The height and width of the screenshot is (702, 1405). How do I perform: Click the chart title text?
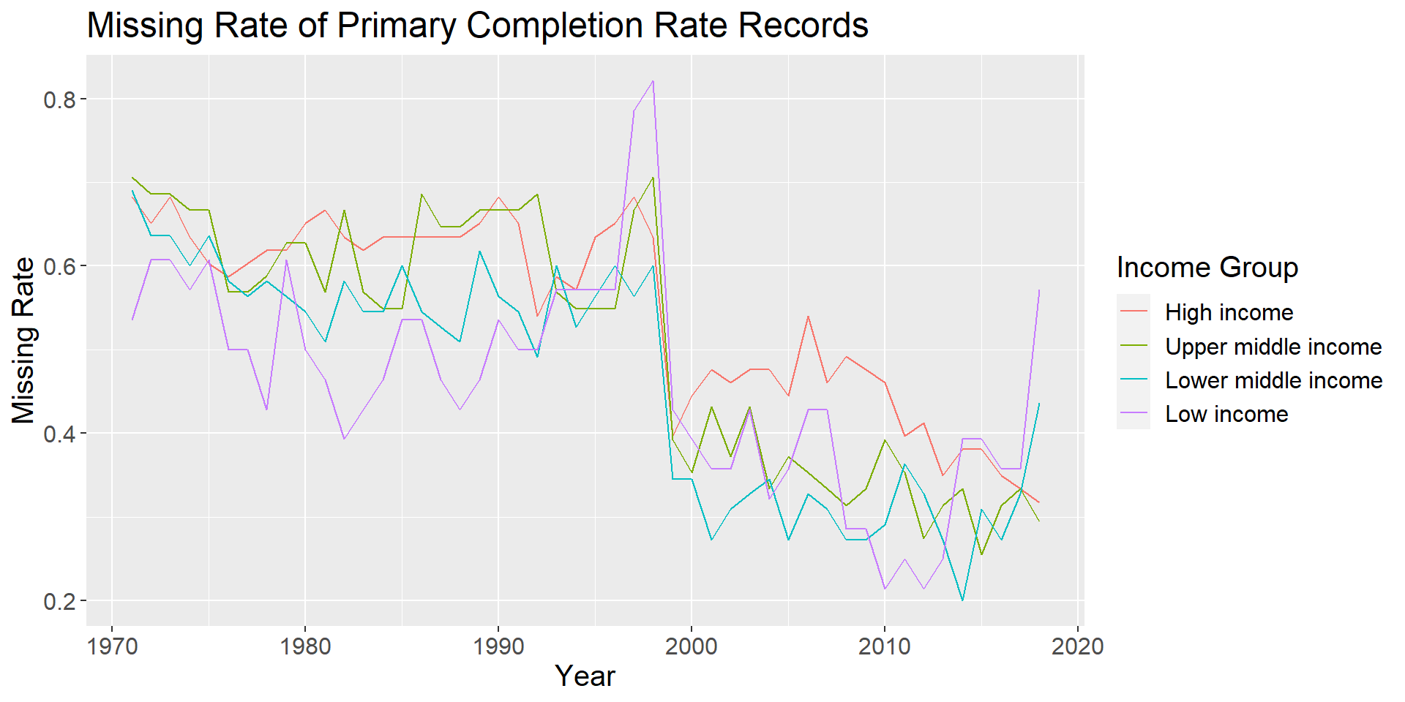[x=477, y=26]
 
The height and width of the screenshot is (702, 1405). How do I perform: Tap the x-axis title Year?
[x=585, y=676]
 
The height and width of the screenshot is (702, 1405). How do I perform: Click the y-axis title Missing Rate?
[x=24, y=341]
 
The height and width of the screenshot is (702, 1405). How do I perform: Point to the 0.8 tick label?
[x=60, y=99]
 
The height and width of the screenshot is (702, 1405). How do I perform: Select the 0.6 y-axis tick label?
[x=60, y=266]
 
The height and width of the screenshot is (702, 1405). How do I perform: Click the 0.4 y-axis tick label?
[x=60, y=434]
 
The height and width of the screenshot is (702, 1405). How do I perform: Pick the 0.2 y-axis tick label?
[x=60, y=601]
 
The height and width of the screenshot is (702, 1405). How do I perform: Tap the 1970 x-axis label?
[x=112, y=646]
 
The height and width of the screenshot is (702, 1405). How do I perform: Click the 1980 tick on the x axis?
[x=305, y=646]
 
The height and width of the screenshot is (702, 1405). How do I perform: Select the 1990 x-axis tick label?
[x=498, y=646]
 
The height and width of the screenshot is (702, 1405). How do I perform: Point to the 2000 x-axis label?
[x=692, y=646]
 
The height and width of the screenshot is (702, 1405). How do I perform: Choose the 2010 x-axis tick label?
[x=885, y=646]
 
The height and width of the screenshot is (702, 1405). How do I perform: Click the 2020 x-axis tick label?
[x=1078, y=646]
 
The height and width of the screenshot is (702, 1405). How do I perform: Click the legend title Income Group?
[x=1207, y=268]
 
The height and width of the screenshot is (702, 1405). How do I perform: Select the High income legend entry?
[x=1229, y=312]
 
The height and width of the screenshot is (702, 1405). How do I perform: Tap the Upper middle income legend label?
[x=1273, y=347]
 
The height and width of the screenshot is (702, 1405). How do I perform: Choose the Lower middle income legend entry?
[x=1273, y=380]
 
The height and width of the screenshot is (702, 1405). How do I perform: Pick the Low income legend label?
[x=1226, y=414]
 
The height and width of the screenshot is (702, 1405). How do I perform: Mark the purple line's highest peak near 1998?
[x=653, y=81]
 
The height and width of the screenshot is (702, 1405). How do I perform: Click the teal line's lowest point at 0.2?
[x=962, y=600]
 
